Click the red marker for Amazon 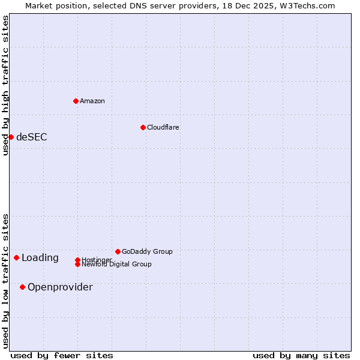76,101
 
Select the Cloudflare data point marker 143,127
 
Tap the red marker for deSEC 11,137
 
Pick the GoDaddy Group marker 118,251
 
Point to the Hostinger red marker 77,260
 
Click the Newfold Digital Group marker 77,264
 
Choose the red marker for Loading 16,257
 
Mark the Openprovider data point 22,287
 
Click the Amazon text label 92,101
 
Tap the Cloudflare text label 163,127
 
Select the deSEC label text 32,137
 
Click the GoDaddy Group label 147,251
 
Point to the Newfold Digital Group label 117,265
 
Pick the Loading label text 40,258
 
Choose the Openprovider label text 60,287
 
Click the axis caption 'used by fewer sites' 62,355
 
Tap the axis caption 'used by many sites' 301,355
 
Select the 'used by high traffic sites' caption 5,85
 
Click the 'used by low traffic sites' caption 5,281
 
